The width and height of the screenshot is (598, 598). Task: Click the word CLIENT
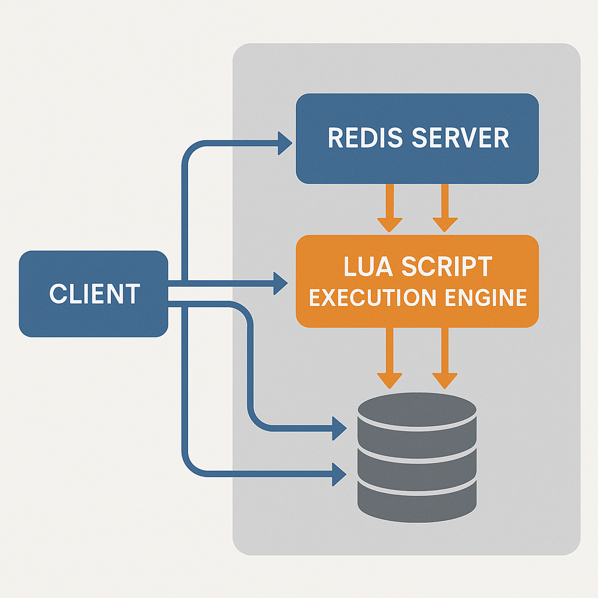coord(94,294)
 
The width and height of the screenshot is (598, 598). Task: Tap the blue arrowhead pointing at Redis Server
coord(285,143)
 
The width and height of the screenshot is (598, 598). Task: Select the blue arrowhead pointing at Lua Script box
coord(281,285)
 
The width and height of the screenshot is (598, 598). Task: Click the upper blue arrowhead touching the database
coord(339,428)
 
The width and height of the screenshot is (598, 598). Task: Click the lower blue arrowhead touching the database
coord(339,474)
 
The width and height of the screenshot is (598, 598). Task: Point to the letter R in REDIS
coord(335,138)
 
